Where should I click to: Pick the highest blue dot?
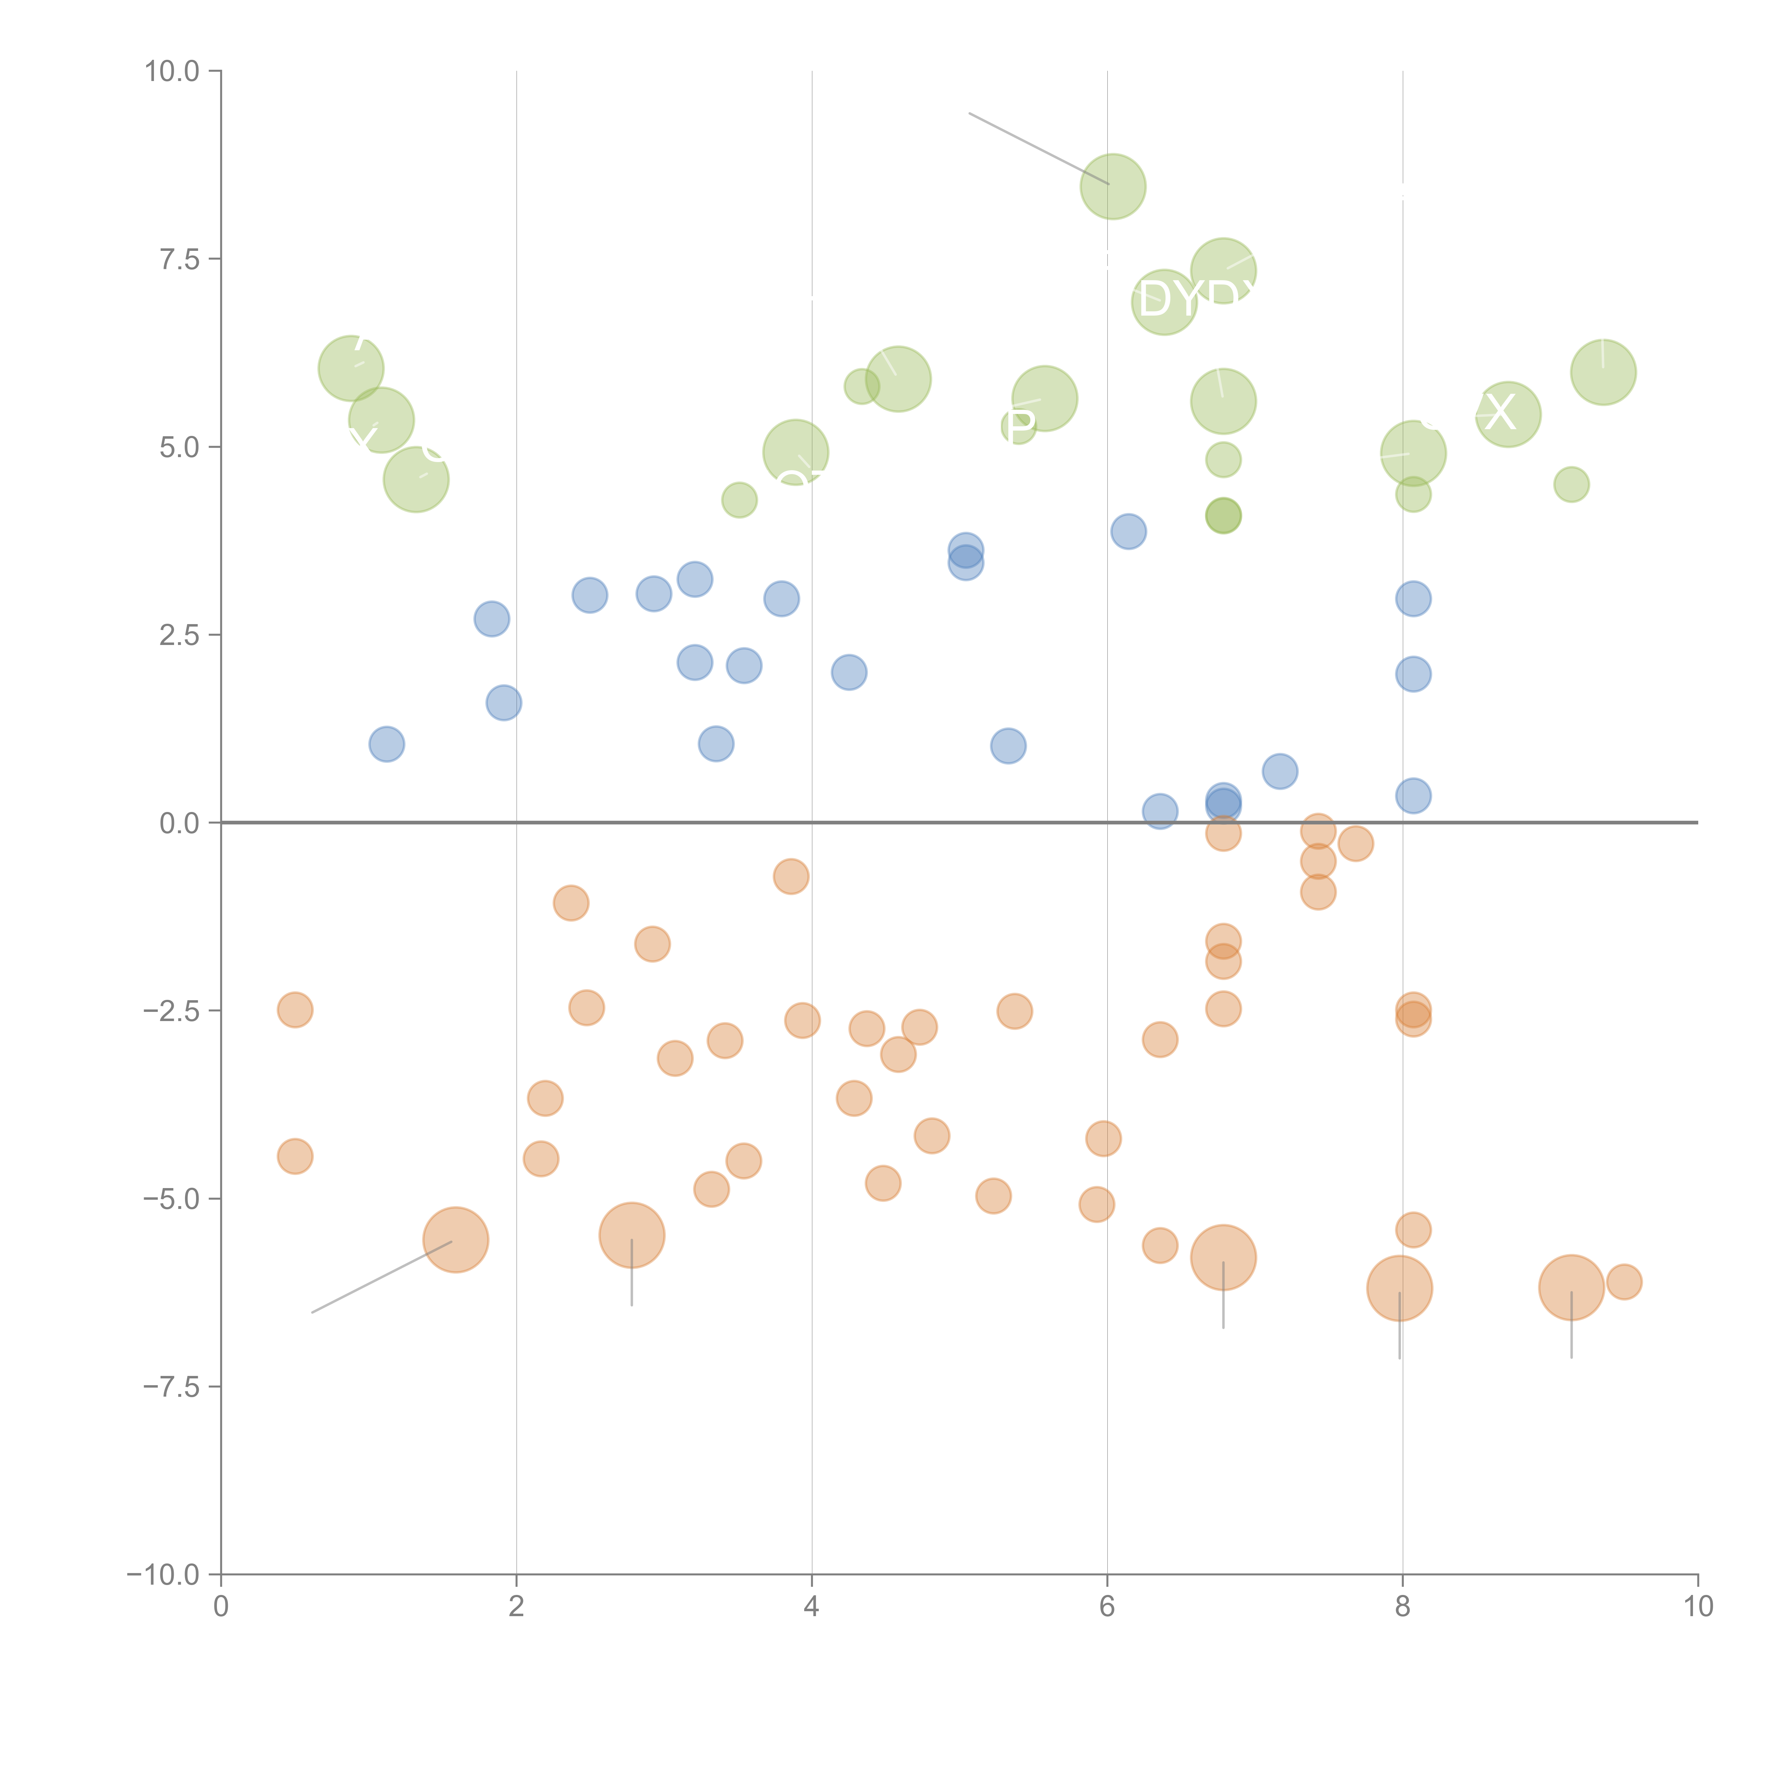click(1128, 531)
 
